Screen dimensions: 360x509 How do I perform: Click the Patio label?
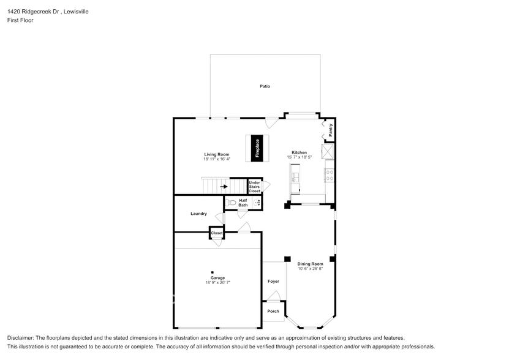[265, 86]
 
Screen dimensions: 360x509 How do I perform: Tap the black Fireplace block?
[258, 148]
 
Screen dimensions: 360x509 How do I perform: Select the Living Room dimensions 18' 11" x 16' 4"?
[217, 159]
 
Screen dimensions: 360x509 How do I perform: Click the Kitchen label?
[299, 152]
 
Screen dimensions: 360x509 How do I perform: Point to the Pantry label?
[330, 129]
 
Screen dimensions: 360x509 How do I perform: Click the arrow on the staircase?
[224, 187]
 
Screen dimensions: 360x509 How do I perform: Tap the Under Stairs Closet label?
[254, 187]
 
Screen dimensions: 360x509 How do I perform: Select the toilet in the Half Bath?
[231, 202]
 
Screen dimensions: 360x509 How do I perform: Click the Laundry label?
[198, 214]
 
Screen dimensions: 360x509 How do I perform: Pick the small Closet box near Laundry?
[217, 233]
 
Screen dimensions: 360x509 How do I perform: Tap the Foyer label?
[273, 282]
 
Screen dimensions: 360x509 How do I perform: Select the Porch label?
[273, 311]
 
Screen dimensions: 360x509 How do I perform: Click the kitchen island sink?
[295, 178]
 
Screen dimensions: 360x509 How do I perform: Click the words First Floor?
[20, 20]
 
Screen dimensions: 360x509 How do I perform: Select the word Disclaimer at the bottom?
[21, 338]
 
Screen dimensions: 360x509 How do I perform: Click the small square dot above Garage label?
[213, 272]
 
